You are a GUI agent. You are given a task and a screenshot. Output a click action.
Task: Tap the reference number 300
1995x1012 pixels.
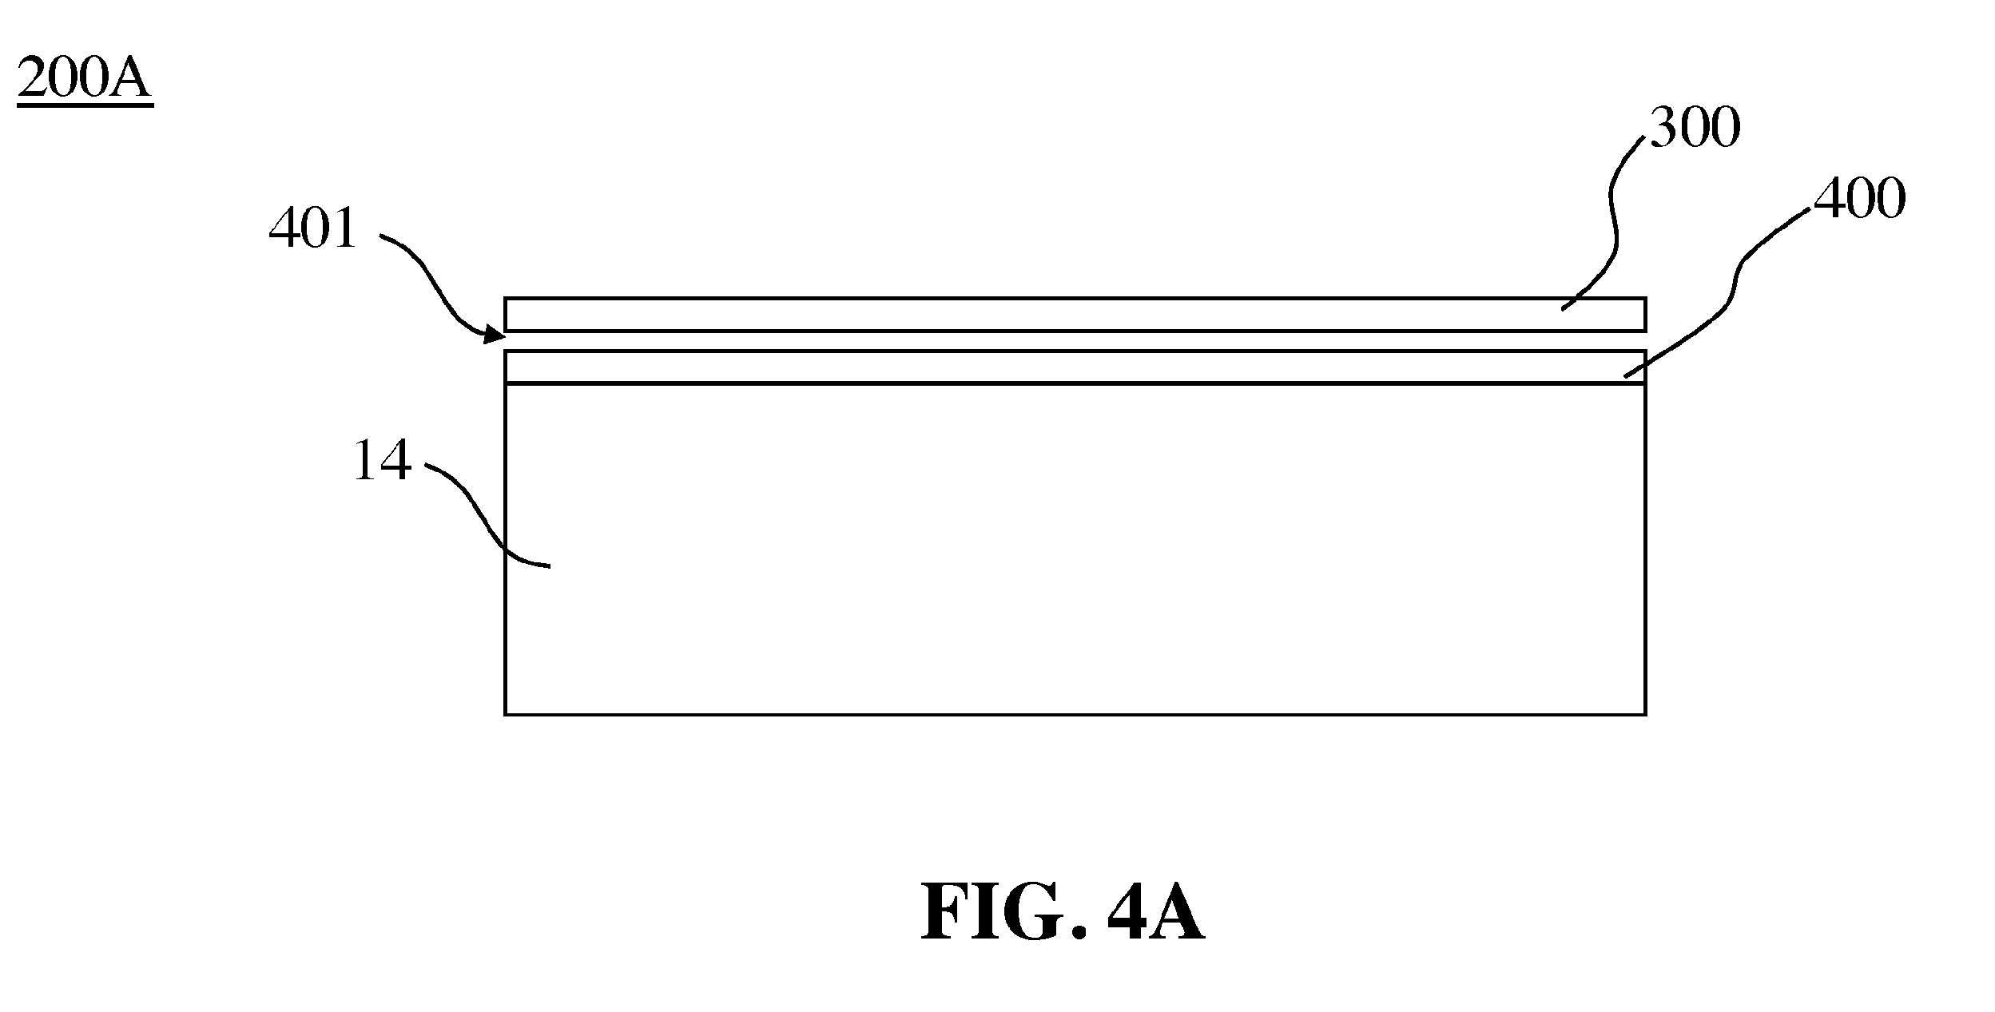(1695, 128)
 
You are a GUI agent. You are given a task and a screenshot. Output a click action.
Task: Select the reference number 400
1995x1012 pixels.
(1860, 198)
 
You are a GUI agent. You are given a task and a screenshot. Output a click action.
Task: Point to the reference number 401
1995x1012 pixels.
(312, 229)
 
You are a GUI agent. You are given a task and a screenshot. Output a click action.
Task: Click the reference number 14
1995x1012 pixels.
(383, 461)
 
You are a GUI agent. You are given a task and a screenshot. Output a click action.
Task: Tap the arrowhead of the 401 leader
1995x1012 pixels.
(495, 335)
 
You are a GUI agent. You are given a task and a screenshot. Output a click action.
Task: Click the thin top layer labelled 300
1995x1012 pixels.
(1075, 314)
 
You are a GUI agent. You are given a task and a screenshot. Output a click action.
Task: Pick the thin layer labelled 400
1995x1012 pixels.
(1075, 367)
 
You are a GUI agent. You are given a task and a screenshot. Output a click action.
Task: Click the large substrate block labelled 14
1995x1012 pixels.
(1075, 549)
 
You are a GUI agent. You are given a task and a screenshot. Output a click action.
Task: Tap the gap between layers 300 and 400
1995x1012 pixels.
(1075, 340)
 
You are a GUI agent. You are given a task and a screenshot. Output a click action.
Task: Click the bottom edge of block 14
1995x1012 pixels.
(1075, 713)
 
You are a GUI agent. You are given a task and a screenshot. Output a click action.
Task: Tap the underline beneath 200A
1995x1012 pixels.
(84, 104)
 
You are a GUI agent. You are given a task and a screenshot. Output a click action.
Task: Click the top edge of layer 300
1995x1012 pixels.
(1075, 299)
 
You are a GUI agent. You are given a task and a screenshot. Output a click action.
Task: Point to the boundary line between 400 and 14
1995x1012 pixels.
(1075, 383)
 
